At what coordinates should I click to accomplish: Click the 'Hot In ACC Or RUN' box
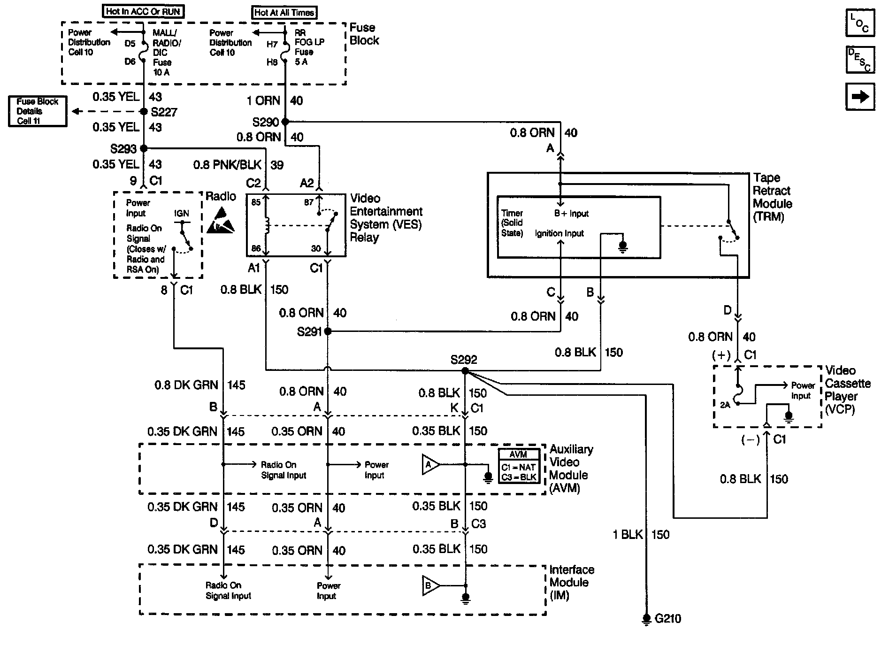click(143, 12)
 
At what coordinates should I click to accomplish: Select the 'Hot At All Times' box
click(284, 13)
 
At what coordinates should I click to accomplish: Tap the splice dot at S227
click(144, 112)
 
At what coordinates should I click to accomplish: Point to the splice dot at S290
click(284, 122)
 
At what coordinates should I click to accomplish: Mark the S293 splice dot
click(144, 149)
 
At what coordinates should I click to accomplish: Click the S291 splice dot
click(328, 331)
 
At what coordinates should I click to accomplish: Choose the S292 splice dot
click(465, 371)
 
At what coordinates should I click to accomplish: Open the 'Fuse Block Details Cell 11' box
click(38, 111)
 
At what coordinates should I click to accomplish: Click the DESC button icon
click(860, 60)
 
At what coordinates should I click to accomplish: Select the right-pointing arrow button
click(860, 97)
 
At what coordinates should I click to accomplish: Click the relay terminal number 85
click(256, 203)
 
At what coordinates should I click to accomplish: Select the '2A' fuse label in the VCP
click(725, 405)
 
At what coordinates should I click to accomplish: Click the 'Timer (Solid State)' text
click(512, 223)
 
